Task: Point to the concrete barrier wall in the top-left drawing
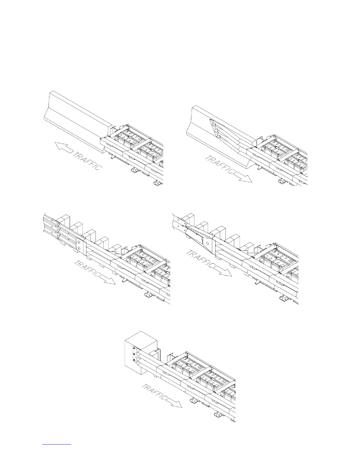pyautogui.click(x=76, y=115)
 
